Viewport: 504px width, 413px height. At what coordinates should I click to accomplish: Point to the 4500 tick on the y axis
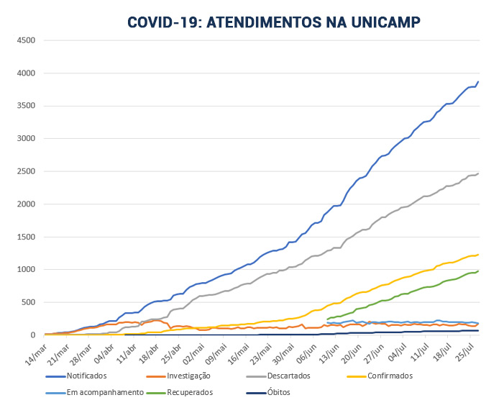(26, 40)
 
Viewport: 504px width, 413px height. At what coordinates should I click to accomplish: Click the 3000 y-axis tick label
(26, 139)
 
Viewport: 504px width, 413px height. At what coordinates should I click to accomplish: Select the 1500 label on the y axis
(26, 237)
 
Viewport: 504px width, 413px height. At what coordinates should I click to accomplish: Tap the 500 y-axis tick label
(28, 302)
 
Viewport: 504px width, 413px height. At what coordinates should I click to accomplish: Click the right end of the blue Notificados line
(478, 82)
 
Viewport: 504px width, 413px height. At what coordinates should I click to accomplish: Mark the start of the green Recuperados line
(328, 319)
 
